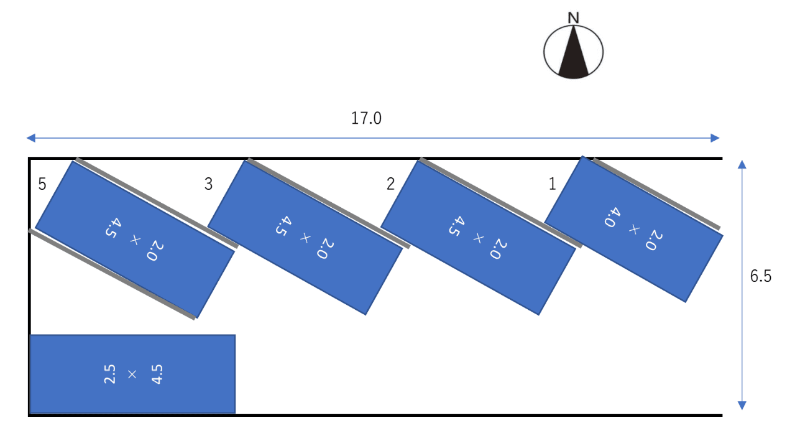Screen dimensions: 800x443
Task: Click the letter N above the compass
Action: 573,17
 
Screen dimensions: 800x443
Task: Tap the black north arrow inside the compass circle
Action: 573,54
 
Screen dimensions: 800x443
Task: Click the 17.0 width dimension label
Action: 366,118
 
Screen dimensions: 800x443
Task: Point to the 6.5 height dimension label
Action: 760,276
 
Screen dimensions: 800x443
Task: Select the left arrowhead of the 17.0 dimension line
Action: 31,138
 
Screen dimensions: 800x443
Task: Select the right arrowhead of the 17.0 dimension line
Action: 715,138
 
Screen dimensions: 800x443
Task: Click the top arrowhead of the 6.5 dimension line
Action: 742,164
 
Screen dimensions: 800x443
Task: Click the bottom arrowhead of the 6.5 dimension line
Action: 742,406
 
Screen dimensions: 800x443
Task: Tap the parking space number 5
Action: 42,184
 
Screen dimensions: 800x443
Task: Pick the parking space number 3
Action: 209,184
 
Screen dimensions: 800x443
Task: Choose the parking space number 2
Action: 391,184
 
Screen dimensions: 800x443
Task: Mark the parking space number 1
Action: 552,184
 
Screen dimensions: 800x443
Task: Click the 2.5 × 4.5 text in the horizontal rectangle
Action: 132,375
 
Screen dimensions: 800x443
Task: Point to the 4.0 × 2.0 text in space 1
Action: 633,229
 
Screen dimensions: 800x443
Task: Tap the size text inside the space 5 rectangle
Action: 134,240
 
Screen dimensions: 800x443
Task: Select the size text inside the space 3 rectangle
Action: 305,237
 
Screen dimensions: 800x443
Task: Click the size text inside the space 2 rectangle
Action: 478,237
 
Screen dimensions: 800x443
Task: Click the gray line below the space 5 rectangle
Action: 112,274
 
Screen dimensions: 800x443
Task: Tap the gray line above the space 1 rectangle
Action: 656,194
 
